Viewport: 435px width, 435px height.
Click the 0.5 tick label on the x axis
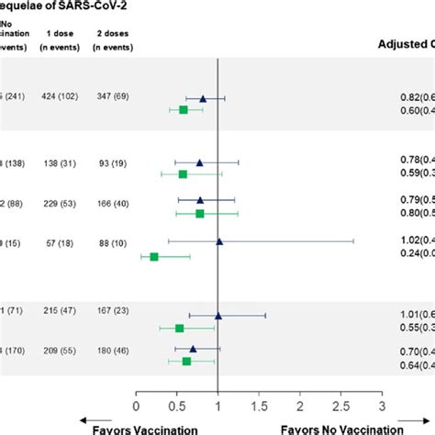176,405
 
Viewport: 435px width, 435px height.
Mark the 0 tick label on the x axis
136,405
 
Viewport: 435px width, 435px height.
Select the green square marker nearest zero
154,257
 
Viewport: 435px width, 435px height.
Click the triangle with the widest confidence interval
218,242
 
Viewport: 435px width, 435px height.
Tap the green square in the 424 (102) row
184,109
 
